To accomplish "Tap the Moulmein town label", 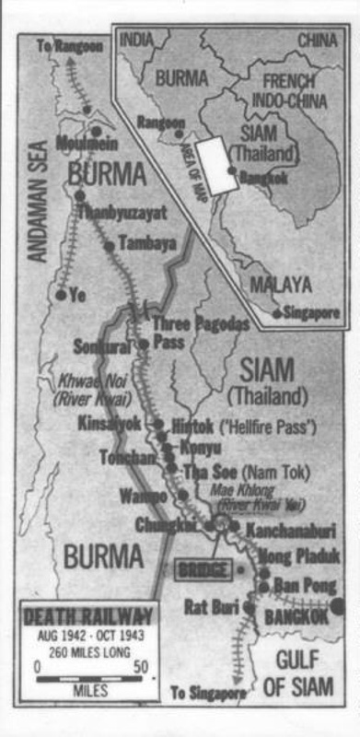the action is click(x=88, y=143).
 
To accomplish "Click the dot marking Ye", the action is click(x=61, y=295).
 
